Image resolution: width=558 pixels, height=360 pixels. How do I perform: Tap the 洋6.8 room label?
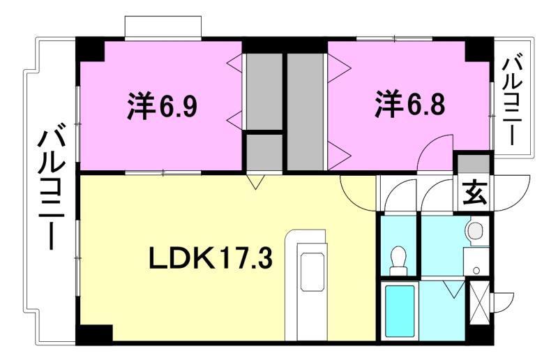click(411, 106)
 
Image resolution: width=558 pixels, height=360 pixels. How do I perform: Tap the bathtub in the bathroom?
click(400, 310)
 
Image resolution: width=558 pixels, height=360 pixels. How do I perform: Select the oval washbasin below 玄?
click(476, 230)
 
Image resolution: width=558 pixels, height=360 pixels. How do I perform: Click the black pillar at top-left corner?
click(91, 49)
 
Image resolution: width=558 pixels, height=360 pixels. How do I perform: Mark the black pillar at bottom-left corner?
click(92, 333)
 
